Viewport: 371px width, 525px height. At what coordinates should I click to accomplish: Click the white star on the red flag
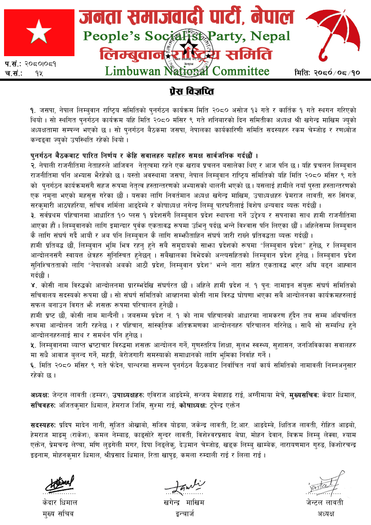35,31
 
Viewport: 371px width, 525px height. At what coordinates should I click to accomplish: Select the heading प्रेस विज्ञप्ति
185,92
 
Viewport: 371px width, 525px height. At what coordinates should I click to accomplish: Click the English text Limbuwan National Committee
187,71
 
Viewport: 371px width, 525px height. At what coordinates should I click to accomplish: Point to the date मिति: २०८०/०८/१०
328,72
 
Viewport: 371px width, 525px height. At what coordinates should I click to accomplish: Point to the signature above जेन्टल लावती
319,485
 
